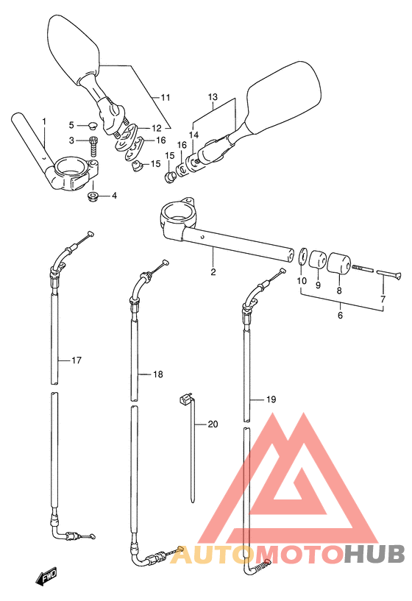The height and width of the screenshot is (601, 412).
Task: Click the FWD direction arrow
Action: [46, 577]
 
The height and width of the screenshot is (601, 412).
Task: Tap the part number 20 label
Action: [213, 424]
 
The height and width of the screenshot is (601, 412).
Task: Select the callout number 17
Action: [77, 360]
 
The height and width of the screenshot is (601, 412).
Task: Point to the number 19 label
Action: [271, 399]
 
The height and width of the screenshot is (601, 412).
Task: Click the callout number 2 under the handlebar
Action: [213, 271]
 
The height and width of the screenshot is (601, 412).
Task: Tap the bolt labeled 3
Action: [93, 146]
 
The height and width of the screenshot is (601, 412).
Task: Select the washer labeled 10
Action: [302, 256]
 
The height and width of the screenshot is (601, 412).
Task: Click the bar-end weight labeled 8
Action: [338, 263]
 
